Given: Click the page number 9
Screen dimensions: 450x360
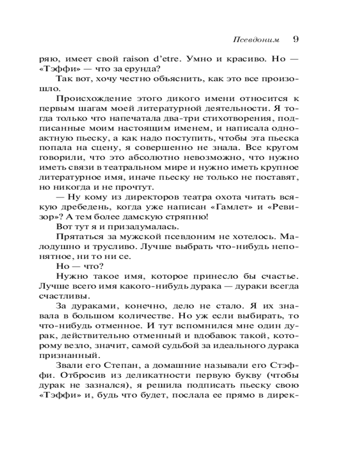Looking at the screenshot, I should tap(296, 39).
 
